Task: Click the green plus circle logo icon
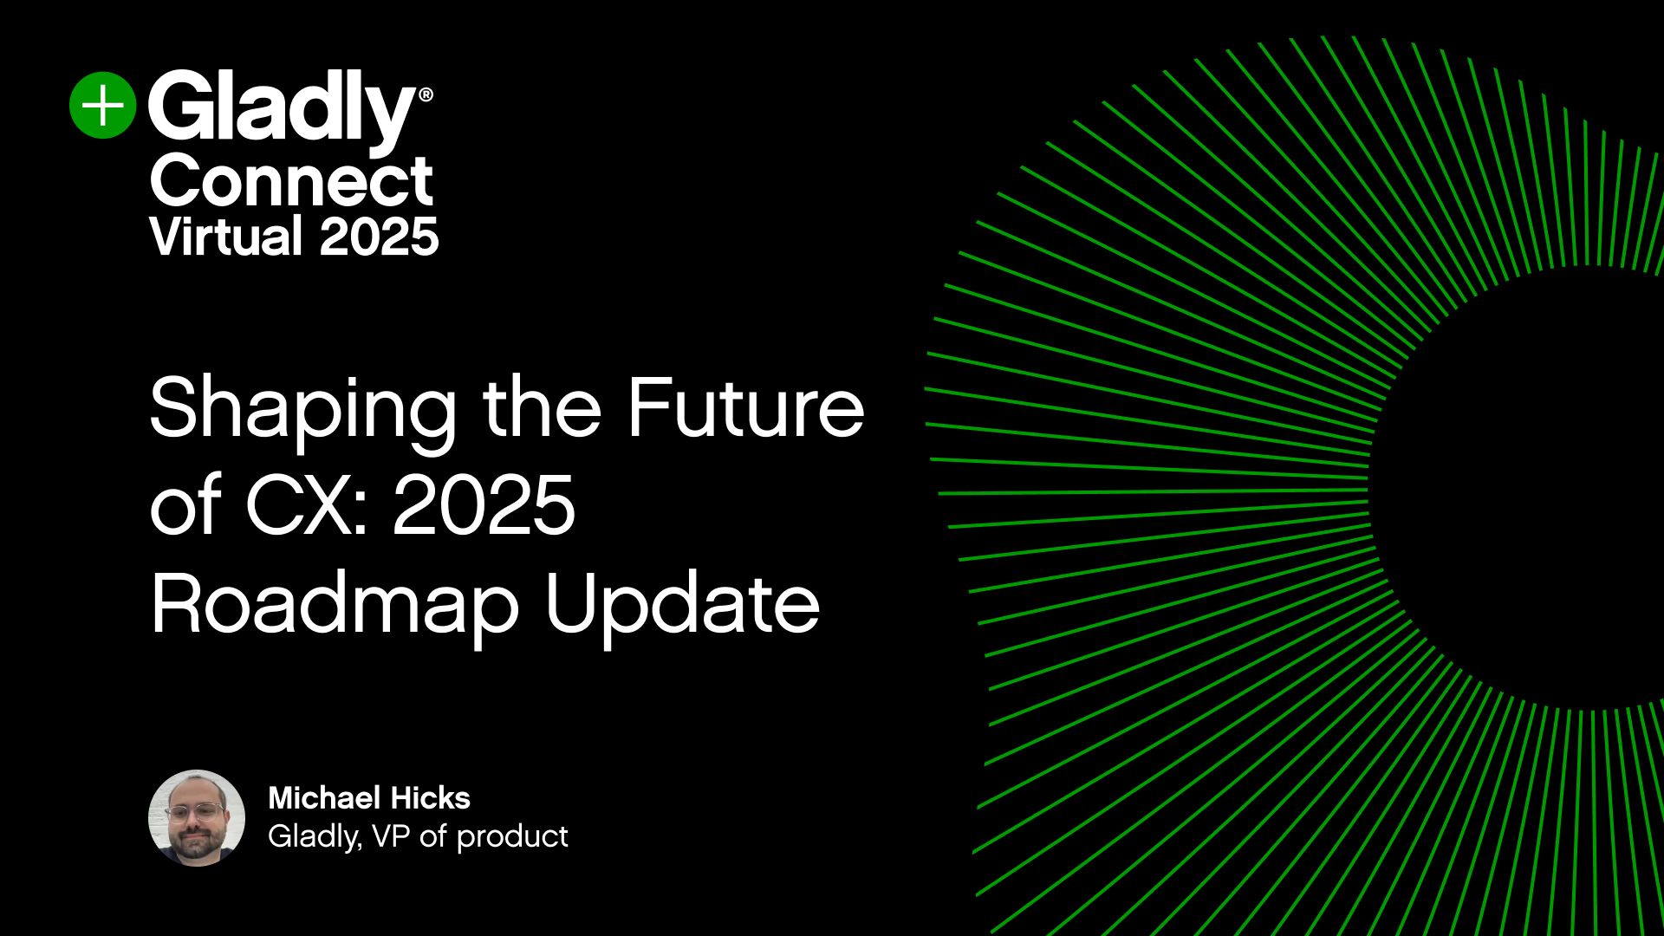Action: pyautogui.click(x=103, y=105)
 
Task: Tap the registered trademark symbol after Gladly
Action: pyautogui.click(x=425, y=94)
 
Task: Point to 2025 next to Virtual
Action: pyautogui.click(x=379, y=236)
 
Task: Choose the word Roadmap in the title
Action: pyautogui.click(x=335, y=604)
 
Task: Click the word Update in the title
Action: pyautogui.click(x=682, y=604)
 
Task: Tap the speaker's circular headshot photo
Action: pyautogui.click(x=197, y=817)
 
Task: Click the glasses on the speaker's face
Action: pyautogui.click(x=194, y=812)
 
